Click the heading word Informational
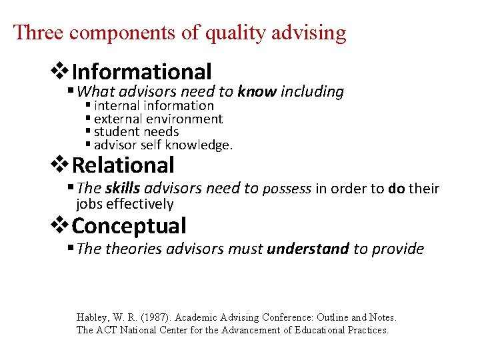141,71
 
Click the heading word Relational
123,165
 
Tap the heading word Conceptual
129,226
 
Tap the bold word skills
123,189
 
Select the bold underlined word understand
307,249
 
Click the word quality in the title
235,32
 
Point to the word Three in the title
41,32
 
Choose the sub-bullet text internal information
154,105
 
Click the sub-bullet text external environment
159,119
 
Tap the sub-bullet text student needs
137,131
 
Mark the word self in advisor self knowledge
151,145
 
